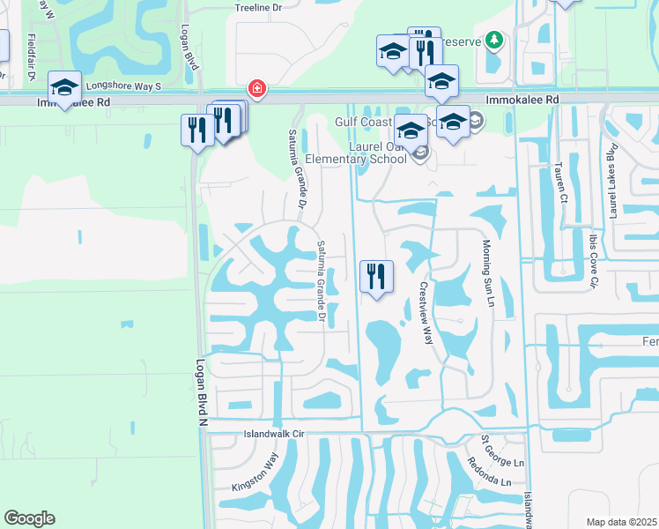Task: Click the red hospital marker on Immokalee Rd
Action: [256, 89]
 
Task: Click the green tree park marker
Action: [495, 40]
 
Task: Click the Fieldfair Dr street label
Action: [32, 57]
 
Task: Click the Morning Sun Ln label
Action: [486, 273]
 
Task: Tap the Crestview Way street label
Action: [426, 313]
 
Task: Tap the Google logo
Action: [29, 518]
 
